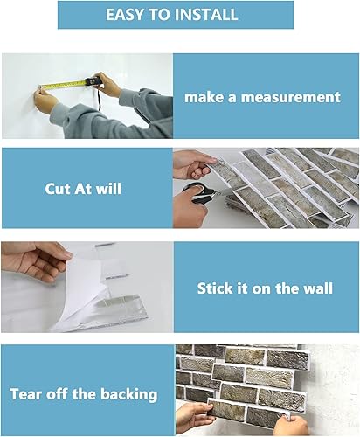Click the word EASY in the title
pyautogui.click(x=127, y=15)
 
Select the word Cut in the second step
pyautogui.click(x=59, y=188)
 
